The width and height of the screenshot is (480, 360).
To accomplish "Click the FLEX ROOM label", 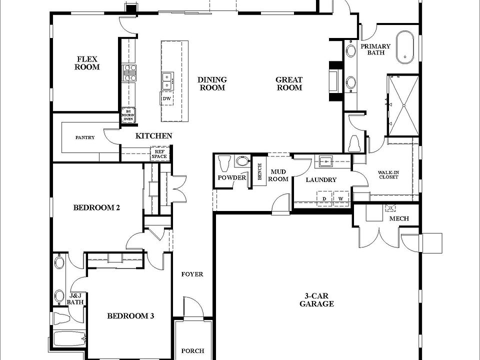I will pyautogui.click(x=87, y=62).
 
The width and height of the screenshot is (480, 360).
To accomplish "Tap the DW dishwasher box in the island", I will pyautogui.click(x=167, y=98).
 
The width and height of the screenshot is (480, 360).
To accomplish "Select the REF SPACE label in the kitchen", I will pyautogui.click(x=159, y=153).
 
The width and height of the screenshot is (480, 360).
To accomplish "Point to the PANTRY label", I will pyautogui.click(x=85, y=137).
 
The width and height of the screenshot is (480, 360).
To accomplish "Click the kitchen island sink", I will pyautogui.click(x=166, y=77).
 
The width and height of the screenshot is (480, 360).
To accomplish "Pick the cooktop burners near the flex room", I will pyautogui.click(x=129, y=72).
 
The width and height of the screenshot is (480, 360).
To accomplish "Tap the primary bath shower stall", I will pyautogui.click(x=402, y=105).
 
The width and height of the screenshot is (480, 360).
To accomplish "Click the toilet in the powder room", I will pyautogui.click(x=224, y=162).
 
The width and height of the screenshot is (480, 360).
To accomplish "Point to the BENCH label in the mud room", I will pyautogui.click(x=259, y=172).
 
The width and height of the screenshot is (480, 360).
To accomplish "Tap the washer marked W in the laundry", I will pyautogui.click(x=341, y=198).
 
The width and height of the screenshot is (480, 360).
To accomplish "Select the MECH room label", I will pyautogui.click(x=398, y=218).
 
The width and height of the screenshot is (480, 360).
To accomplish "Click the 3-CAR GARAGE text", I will pyautogui.click(x=316, y=300).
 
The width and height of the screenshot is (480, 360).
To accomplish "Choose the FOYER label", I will pyautogui.click(x=192, y=274).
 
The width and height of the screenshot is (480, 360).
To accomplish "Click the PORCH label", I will pyautogui.click(x=192, y=351).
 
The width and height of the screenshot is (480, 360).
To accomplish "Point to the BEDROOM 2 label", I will pyautogui.click(x=96, y=207).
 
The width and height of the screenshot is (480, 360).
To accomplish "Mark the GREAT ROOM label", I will pyautogui.click(x=289, y=83).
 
